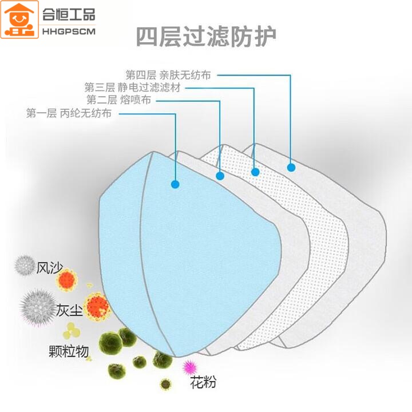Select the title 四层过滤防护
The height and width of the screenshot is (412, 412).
pyautogui.click(x=206, y=37)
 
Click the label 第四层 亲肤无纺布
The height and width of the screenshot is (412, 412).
pyautogui.click(x=168, y=74)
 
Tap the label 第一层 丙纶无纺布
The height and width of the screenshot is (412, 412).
pyautogui.click(x=69, y=113)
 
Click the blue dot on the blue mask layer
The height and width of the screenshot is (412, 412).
pyautogui.click(x=175, y=184)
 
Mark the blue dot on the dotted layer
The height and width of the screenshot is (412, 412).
pyautogui.click(x=255, y=171)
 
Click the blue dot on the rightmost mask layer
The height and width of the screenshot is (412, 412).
pyautogui.click(x=291, y=167)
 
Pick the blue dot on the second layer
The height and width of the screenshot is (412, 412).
pyautogui.click(x=219, y=176)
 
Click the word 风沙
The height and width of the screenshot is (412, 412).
pyautogui.click(x=49, y=267)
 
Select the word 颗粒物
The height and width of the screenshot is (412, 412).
pyautogui.click(x=69, y=351)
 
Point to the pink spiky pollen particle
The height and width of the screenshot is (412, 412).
pyautogui.click(x=189, y=366)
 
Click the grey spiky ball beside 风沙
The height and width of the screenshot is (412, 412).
pyautogui.click(x=25, y=265)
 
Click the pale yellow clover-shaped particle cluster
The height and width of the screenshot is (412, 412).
pyautogui.click(x=72, y=330)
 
